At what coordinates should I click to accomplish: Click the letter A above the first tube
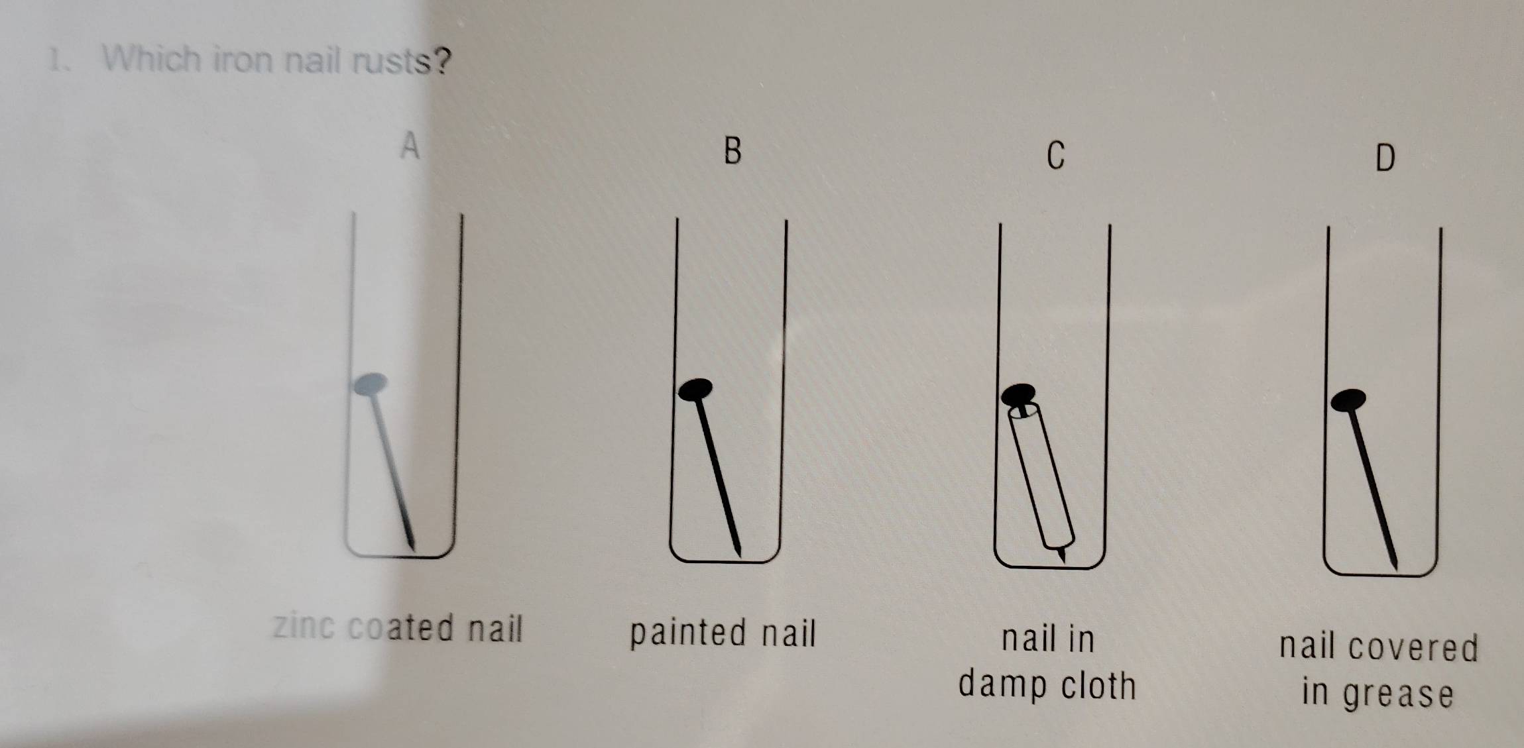pyautogui.click(x=411, y=146)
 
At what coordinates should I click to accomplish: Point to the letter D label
pyautogui.click(x=1385, y=158)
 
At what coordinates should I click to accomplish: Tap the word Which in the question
pyautogui.click(x=151, y=59)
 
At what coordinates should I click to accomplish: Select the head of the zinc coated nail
pyautogui.click(x=370, y=383)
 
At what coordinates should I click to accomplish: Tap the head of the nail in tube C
pyautogui.click(x=1019, y=394)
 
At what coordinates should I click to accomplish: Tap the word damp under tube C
pyautogui.click(x=1003, y=685)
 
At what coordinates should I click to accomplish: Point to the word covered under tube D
pyautogui.click(x=1415, y=647)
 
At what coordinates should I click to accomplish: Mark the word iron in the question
pyautogui.click(x=243, y=60)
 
